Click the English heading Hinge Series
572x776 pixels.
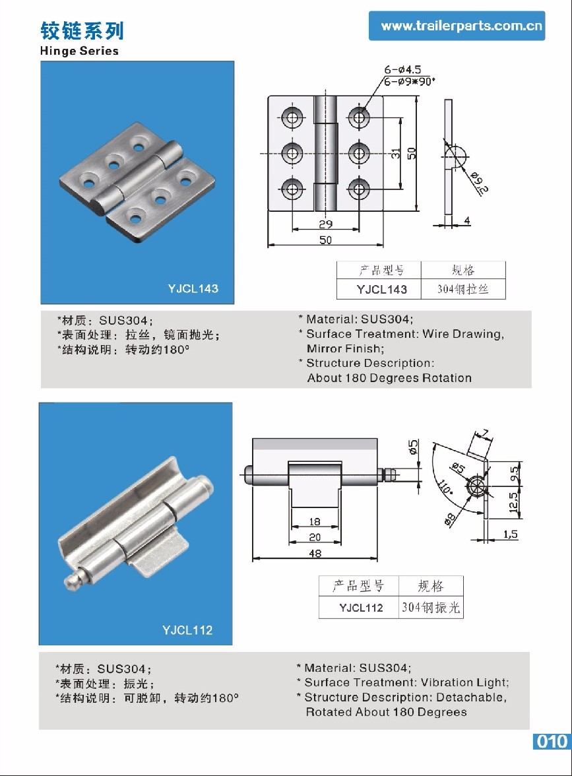click(x=79, y=51)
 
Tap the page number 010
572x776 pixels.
click(x=551, y=741)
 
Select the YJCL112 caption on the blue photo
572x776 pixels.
click(x=187, y=630)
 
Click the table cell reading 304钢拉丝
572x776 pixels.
click(x=462, y=289)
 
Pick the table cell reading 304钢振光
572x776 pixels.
click(x=431, y=608)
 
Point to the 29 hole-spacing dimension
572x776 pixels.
click(x=325, y=224)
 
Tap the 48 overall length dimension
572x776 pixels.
click(x=315, y=554)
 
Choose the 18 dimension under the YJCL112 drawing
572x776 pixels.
click(x=315, y=522)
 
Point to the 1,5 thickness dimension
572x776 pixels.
click(x=510, y=534)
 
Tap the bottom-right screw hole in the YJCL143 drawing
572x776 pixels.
click(x=359, y=189)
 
